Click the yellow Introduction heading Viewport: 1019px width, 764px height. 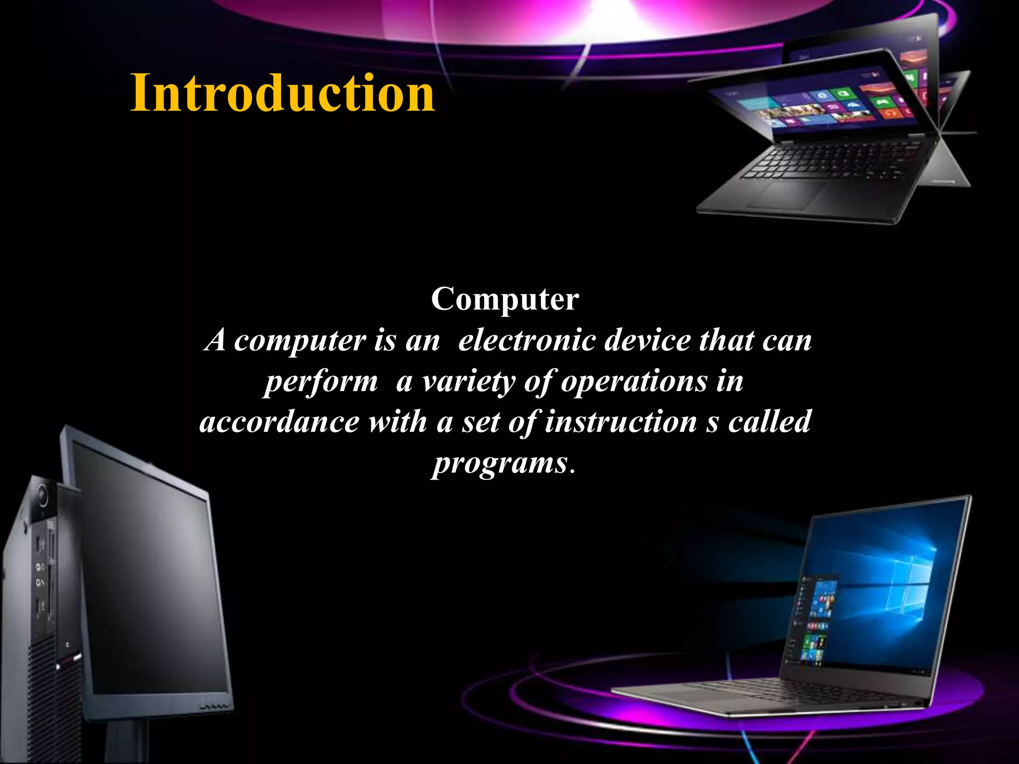click(x=282, y=94)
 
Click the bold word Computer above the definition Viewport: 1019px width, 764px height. click(x=505, y=299)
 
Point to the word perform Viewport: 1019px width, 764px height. click(x=320, y=382)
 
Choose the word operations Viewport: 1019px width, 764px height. click(x=634, y=382)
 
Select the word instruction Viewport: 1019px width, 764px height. click(x=620, y=422)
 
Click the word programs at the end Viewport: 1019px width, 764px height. click(x=500, y=464)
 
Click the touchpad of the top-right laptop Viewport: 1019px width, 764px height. click(x=789, y=194)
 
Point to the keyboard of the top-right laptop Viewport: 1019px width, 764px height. click(x=836, y=159)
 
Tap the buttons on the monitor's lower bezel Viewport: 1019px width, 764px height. click(x=215, y=707)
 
